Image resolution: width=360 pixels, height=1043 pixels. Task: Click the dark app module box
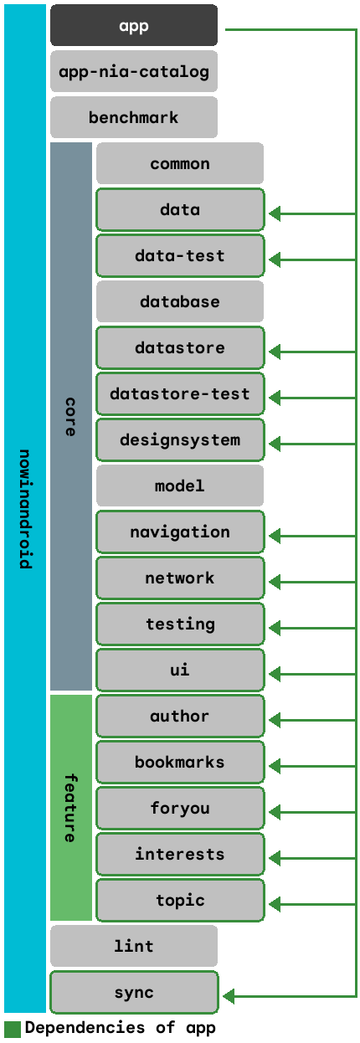pyautogui.click(x=134, y=25)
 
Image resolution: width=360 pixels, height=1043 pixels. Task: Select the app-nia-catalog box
pyautogui.click(x=134, y=71)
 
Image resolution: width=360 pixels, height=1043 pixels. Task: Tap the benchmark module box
pyautogui.click(x=134, y=117)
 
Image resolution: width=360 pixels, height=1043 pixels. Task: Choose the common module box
pyautogui.click(x=180, y=163)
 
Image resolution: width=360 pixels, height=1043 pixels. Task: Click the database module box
pyautogui.click(x=180, y=301)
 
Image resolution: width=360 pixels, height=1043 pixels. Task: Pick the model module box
pyautogui.click(x=180, y=486)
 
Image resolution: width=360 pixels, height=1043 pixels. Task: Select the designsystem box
pyautogui.click(x=180, y=440)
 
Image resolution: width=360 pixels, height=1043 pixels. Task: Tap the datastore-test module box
pyautogui.click(x=180, y=394)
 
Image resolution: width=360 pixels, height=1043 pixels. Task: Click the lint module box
pyautogui.click(x=134, y=946)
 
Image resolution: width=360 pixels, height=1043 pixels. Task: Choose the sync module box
pyautogui.click(x=134, y=992)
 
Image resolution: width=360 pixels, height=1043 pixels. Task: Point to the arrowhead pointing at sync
pyautogui.click(x=229, y=996)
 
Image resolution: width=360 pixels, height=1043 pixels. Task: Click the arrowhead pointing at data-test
pyautogui.click(x=275, y=259)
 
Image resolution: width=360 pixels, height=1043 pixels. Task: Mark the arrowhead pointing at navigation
pyautogui.click(x=275, y=536)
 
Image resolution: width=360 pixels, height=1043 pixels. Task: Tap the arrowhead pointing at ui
pyautogui.click(x=275, y=674)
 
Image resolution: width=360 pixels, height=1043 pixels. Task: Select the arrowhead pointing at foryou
pyautogui.click(x=275, y=813)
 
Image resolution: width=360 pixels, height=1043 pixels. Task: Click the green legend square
pyautogui.click(x=13, y=1030)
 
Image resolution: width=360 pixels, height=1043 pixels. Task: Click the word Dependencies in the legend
pyautogui.click(x=85, y=1028)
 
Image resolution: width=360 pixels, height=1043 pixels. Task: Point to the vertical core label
pyautogui.click(x=70, y=416)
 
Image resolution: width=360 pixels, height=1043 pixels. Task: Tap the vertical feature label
pyautogui.click(x=70, y=808)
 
